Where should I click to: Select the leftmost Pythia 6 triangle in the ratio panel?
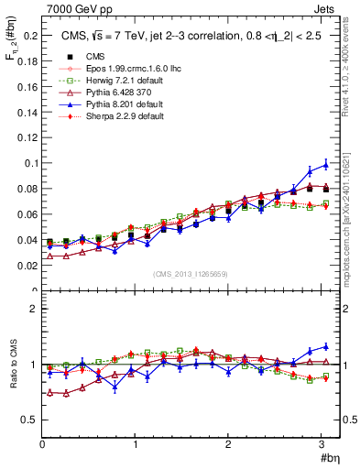click(x=50, y=392)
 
